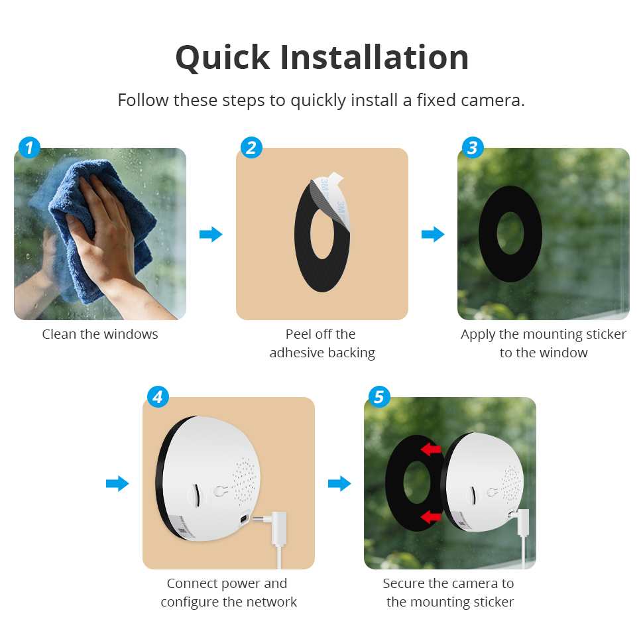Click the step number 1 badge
point(29,148)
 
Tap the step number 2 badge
point(251,148)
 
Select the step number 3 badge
point(473,148)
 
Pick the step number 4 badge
point(158,396)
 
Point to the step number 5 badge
point(379,396)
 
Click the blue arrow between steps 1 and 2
point(211,234)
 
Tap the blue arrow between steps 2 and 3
point(433,234)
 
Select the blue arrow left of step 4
point(117,483)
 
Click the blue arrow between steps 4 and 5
point(339,483)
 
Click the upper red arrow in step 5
point(431,449)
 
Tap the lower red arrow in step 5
point(431,516)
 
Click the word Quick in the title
point(223,58)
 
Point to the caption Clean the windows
point(100,334)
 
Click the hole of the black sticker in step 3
point(510,233)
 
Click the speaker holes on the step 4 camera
point(245,481)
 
